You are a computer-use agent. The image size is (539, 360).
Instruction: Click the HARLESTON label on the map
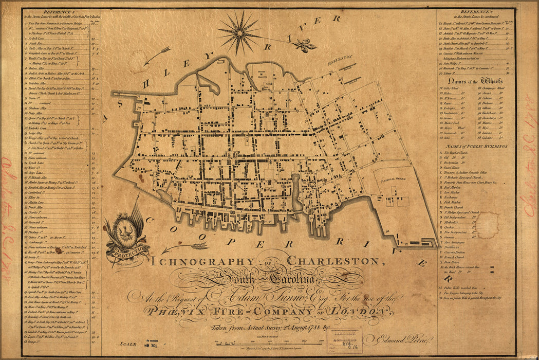pyautogui.click(x=341, y=59)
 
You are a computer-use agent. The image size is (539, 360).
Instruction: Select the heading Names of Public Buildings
pyautogui.click(x=473, y=147)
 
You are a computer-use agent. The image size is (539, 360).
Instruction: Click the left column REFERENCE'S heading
pyautogui.click(x=61, y=11)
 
